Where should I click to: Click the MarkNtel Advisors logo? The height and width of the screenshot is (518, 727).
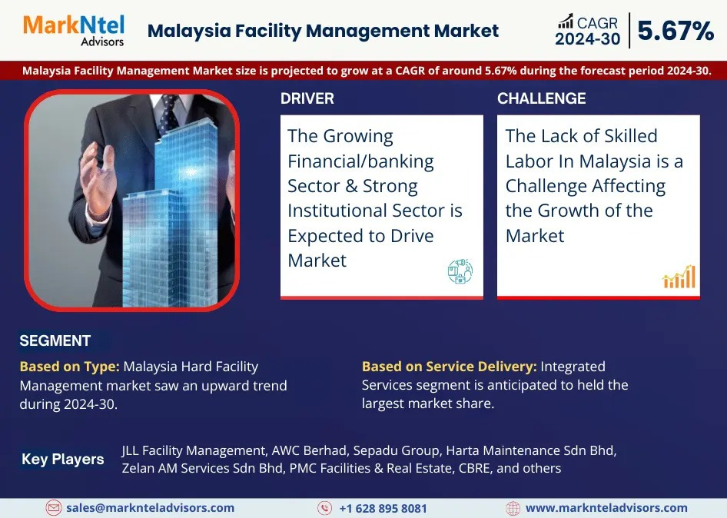(74, 31)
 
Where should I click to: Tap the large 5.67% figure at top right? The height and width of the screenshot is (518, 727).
(676, 31)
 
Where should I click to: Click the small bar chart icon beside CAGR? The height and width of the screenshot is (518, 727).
(566, 22)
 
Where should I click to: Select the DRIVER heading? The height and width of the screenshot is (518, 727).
(307, 98)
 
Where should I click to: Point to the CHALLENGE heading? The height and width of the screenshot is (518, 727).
(542, 98)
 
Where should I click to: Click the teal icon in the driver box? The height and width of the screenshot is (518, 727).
(460, 271)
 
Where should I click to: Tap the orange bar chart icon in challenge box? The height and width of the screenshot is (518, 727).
(679, 277)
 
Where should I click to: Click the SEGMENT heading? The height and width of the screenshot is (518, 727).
(55, 341)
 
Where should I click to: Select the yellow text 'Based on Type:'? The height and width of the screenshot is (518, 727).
(69, 367)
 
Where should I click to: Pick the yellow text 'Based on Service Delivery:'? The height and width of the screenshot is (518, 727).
(450, 367)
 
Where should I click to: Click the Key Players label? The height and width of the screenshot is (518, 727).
(62, 459)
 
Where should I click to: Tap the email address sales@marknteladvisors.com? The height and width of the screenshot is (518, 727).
(150, 508)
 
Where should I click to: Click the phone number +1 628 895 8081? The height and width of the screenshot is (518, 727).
(383, 508)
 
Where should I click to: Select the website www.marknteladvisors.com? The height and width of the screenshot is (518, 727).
(606, 508)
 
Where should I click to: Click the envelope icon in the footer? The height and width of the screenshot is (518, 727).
(53, 508)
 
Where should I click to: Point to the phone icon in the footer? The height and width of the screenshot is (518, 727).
(324, 508)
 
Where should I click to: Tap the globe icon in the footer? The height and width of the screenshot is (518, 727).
(513, 508)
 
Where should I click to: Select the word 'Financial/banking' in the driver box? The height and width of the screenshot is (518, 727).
(360, 161)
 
